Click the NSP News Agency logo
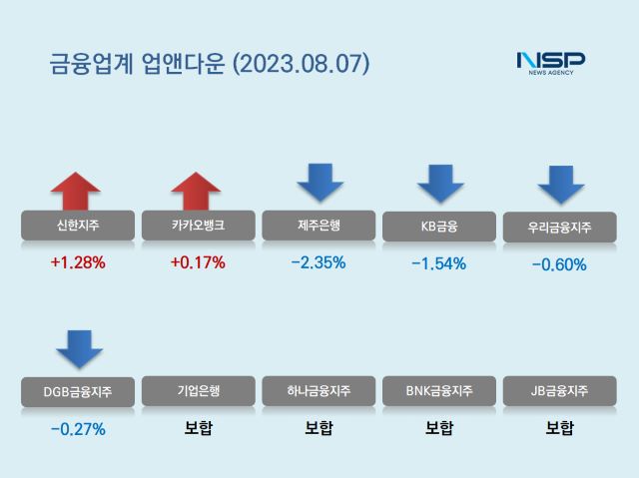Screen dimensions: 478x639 tap(550, 63)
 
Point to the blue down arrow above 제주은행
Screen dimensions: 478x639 tap(319, 183)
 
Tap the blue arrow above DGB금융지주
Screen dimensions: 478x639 tap(78, 345)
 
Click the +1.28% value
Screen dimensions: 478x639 tap(77, 263)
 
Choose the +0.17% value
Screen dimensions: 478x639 tap(198, 263)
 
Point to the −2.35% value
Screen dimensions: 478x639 tap(319, 263)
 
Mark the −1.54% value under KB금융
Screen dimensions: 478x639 tap(439, 264)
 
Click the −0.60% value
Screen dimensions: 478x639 tap(559, 265)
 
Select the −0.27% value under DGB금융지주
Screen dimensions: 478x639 tap(77, 430)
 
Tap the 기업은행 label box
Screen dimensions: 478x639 tap(198, 391)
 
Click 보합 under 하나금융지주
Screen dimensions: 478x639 tap(319, 429)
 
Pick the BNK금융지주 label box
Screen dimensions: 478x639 tap(439, 391)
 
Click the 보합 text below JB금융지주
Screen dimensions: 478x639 tap(559, 429)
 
